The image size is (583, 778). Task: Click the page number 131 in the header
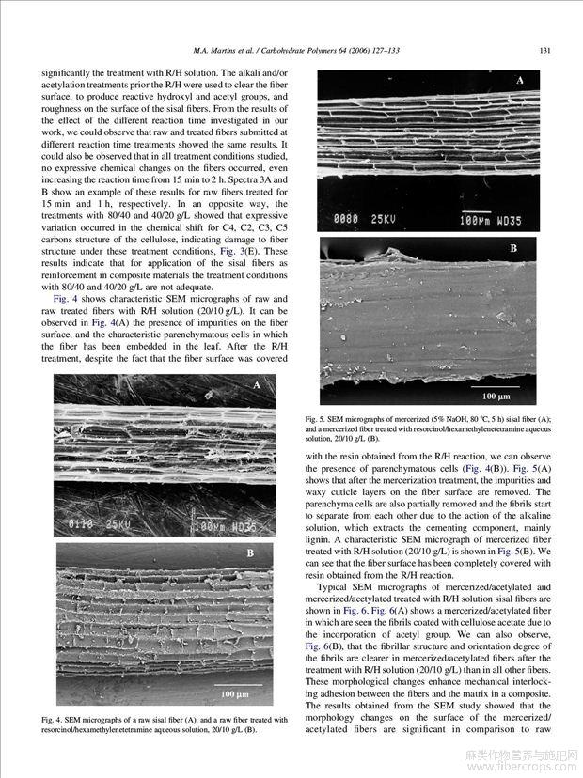544,50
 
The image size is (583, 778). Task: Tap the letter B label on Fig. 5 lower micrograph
514,249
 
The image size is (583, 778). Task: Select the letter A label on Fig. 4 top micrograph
256,386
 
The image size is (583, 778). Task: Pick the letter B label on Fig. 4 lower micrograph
250,553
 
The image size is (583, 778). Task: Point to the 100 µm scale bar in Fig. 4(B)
235,694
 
